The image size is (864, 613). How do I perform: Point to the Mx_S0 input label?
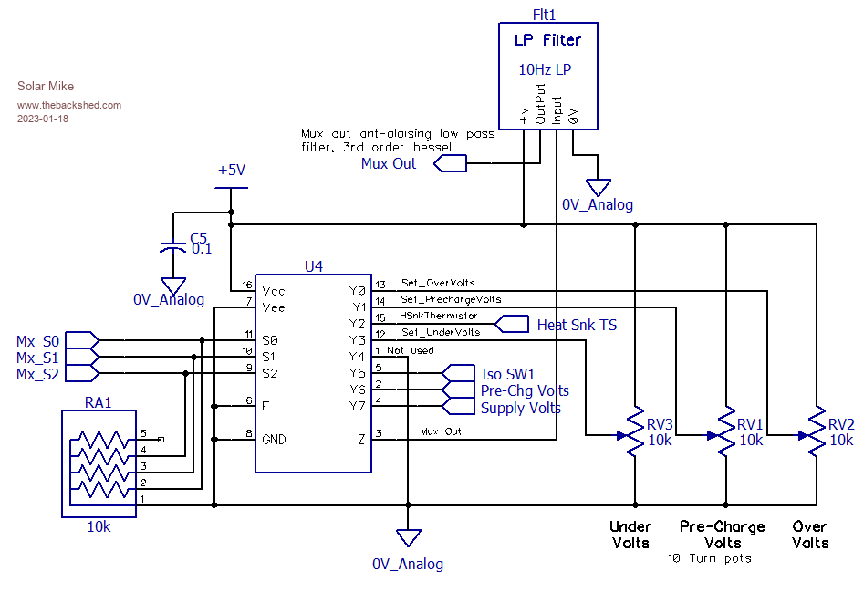tap(37, 341)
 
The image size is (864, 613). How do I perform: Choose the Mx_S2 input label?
tap(37, 374)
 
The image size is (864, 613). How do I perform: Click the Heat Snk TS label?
tap(577, 325)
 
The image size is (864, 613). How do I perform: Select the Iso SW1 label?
tap(508, 374)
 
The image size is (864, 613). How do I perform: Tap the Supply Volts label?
tap(520, 408)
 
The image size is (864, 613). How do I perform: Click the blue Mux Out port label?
tap(389, 164)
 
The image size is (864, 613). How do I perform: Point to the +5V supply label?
tap(232, 171)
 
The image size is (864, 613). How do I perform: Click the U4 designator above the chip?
tap(313, 266)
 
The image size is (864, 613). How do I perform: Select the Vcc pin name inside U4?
tap(273, 291)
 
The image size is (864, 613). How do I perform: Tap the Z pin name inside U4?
tap(361, 439)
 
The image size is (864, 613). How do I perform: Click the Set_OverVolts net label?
tap(438, 284)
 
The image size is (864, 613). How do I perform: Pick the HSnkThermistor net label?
tap(439, 317)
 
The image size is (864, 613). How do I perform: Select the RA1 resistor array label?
tap(99, 400)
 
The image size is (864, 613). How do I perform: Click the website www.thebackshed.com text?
tap(69, 105)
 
